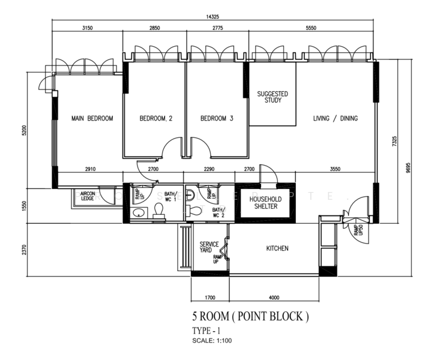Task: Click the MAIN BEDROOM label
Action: click(x=92, y=119)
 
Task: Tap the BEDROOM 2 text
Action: click(x=156, y=119)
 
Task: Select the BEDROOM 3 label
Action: click(x=217, y=119)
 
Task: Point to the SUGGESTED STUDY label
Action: click(x=273, y=97)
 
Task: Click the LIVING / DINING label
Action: click(x=335, y=119)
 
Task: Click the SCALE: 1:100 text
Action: click(x=212, y=341)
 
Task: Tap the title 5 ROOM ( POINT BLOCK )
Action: click(x=250, y=316)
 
